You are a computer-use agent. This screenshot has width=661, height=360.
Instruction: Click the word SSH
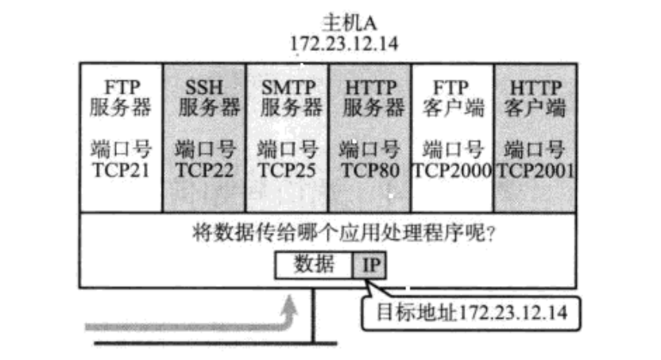point(205,87)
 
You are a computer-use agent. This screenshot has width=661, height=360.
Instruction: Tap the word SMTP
point(288,87)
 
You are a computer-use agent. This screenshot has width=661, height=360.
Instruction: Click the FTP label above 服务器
point(121,87)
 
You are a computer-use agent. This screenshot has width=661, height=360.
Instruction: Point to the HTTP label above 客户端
point(535,87)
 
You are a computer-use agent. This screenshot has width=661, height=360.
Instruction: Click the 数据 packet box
point(314,265)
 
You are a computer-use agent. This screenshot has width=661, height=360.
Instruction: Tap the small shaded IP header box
point(371,265)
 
